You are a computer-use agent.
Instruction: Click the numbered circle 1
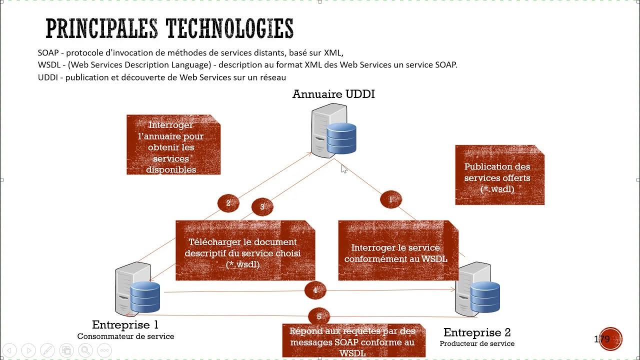click(390, 199)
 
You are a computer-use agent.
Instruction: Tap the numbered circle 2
click(228, 203)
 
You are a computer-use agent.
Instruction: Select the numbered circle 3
click(262, 206)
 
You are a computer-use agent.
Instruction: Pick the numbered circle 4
click(315, 290)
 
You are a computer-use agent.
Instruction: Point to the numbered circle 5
click(319, 316)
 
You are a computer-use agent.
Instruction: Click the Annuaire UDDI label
click(333, 94)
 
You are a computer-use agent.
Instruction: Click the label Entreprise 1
click(125, 325)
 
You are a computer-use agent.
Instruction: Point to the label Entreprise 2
click(477, 332)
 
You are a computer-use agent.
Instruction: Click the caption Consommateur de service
click(125, 336)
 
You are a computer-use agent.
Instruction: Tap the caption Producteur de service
click(477, 343)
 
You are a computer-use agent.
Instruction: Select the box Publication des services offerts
click(499, 175)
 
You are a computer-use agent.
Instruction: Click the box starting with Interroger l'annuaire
click(173, 145)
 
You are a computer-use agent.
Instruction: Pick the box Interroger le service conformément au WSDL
click(398, 251)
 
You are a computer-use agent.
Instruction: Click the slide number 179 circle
click(610, 339)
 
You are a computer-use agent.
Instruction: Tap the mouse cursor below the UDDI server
click(344, 169)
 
